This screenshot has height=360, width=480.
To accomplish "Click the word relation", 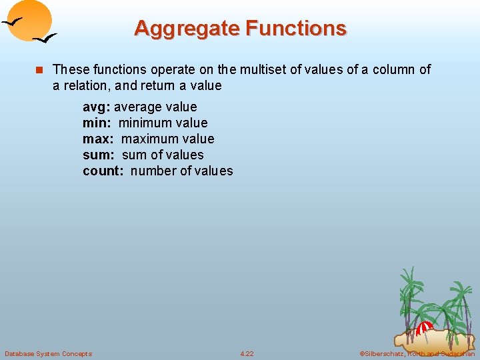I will [87, 85].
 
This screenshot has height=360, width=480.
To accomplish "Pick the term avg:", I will [97, 107].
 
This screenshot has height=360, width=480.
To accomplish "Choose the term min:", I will [97, 123].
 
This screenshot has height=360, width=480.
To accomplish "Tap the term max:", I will [99, 139].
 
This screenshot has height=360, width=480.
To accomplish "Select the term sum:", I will [99, 155].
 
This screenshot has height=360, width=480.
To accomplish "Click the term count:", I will [103, 171].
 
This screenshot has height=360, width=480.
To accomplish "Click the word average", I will [137, 107].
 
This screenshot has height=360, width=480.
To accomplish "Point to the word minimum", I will [144, 123].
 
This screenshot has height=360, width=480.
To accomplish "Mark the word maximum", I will [149, 139].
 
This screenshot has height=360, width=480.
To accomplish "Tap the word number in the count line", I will [153, 171].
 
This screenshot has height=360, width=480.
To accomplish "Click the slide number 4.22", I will [247, 353].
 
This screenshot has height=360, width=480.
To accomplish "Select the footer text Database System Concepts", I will [48, 353].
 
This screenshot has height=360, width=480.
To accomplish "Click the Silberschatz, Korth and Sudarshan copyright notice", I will [417, 353].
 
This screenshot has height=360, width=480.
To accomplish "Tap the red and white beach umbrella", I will [424, 328].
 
